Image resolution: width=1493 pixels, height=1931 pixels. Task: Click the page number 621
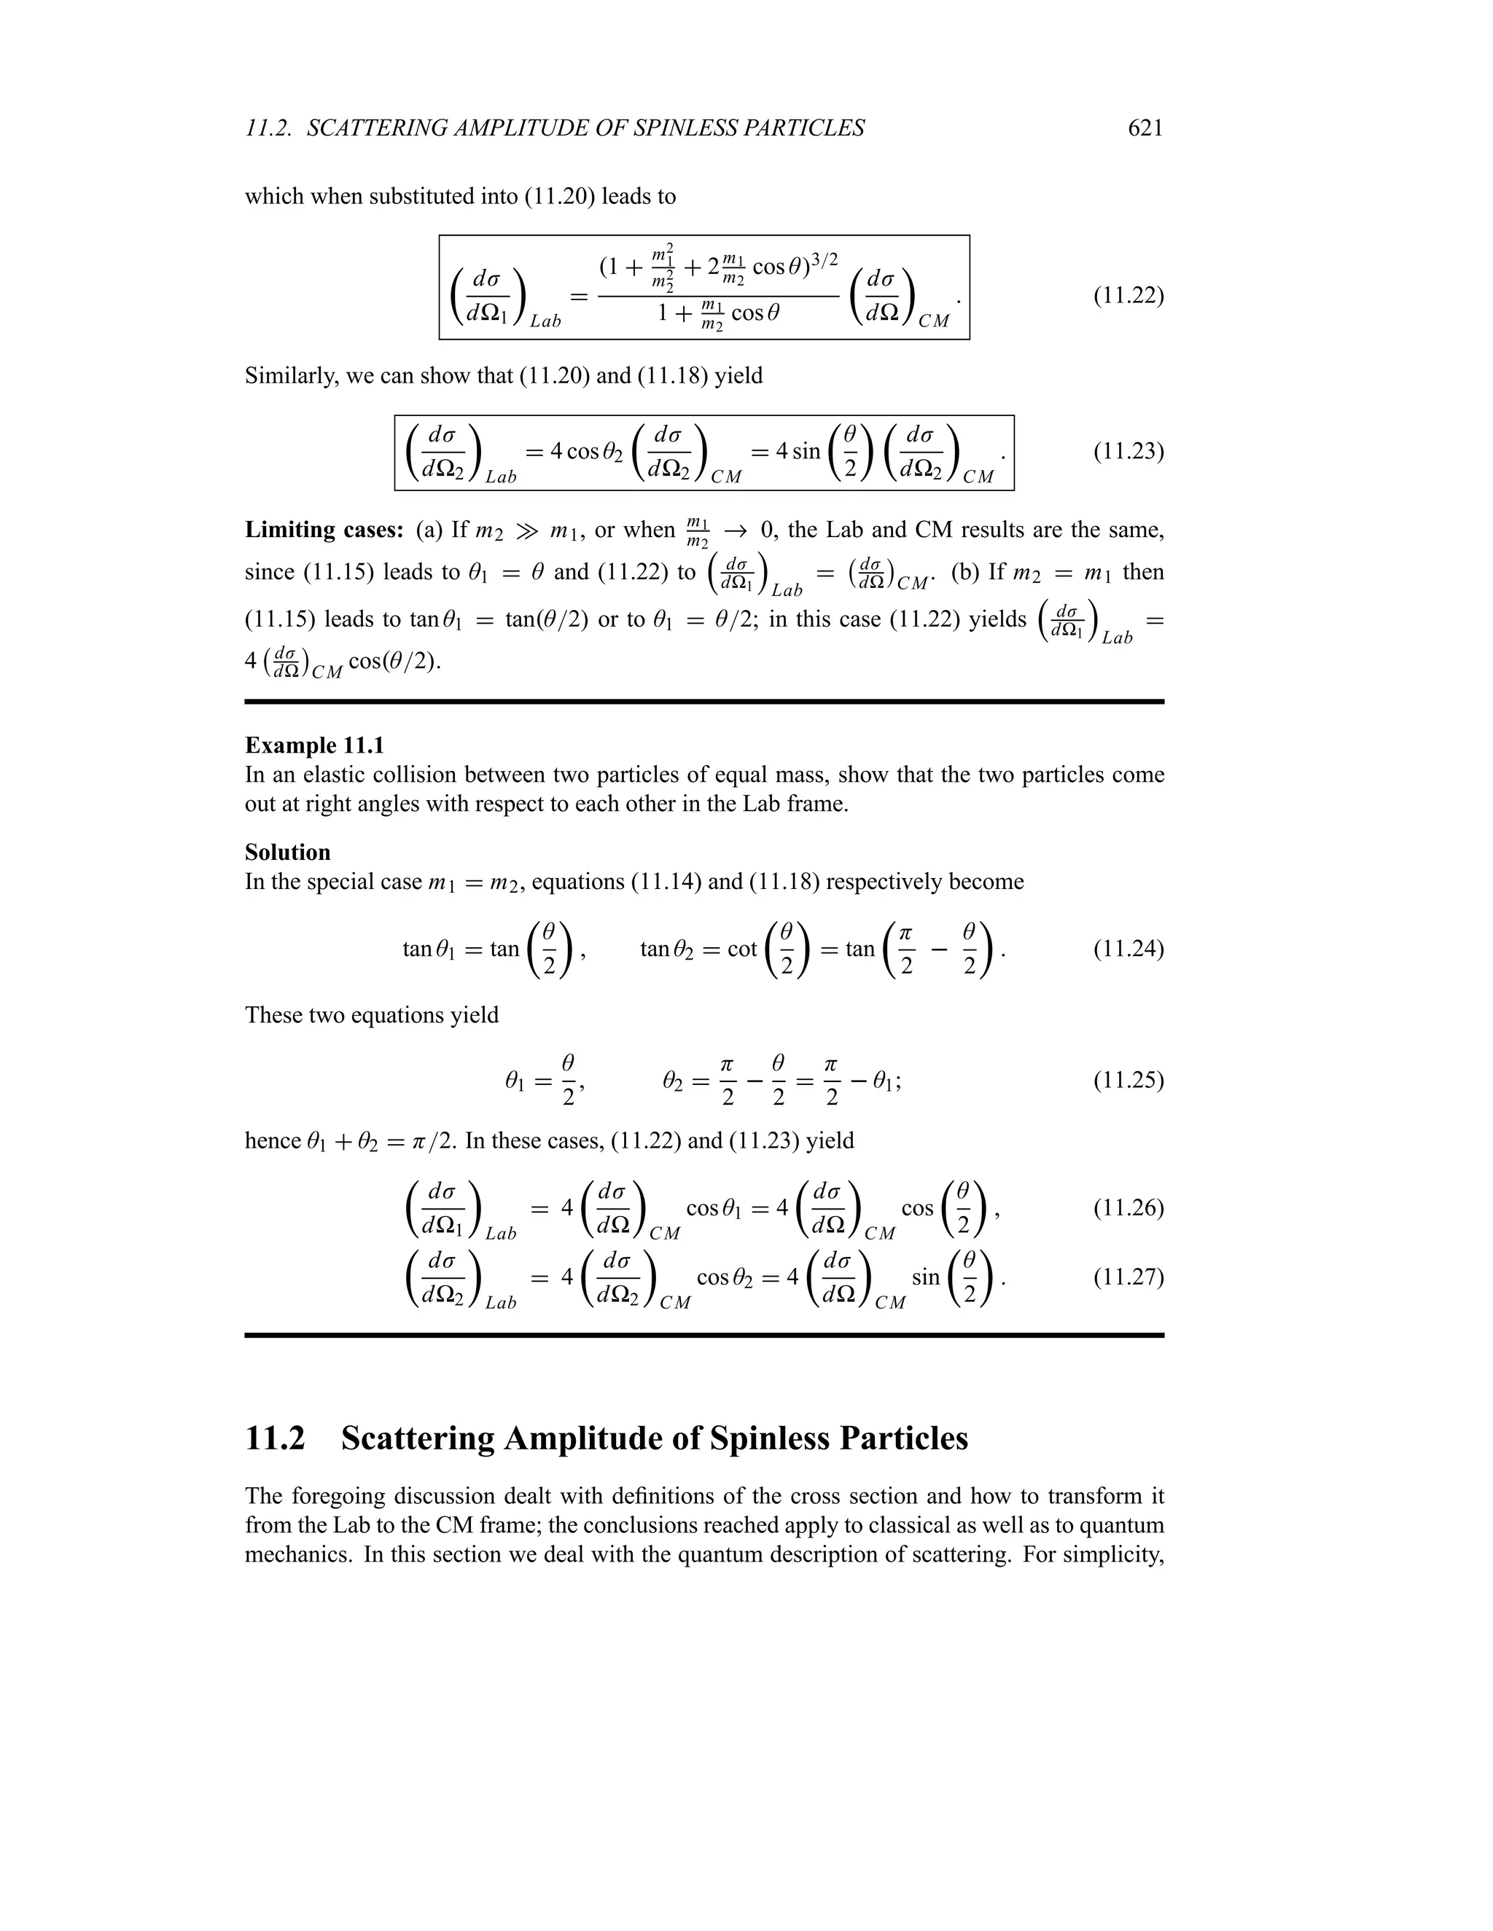pos(1145,128)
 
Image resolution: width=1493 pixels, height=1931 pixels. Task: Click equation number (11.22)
pos(1128,295)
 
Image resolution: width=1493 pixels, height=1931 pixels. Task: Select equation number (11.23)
pos(1128,452)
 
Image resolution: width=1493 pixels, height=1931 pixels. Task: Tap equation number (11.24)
pos(1128,949)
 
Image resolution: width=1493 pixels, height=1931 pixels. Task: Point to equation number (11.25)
pos(1128,1080)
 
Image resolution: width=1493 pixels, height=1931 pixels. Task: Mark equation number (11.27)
pos(1128,1277)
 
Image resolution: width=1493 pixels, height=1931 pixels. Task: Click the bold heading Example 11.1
pos(314,745)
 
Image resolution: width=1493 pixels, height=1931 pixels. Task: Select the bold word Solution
pos(287,853)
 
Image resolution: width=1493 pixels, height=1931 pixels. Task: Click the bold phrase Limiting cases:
pos(324,530)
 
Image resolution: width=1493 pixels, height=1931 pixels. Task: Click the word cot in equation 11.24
pos(742,949)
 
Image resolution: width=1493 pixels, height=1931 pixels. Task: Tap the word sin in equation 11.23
pos(805,452)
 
